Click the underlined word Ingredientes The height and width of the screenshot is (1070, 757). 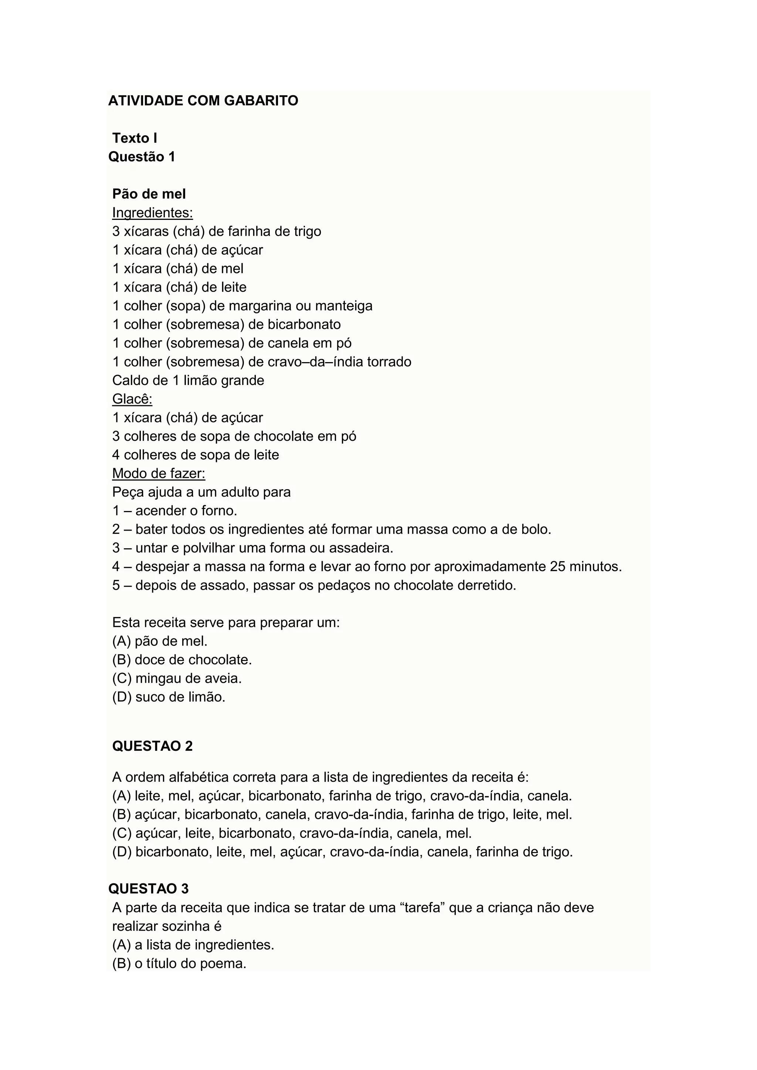click(x=152, y=212)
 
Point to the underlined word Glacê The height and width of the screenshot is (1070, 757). click(x=132, y=399)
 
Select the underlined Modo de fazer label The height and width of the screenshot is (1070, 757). click(x=159, y=474)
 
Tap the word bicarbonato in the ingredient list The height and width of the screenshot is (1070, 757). click(x=304, y=324)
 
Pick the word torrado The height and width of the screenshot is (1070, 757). click(x=389, y=362)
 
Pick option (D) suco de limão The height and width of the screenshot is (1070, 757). click(x=169, y=697)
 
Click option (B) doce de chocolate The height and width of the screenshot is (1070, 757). click(x=182, y=660)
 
